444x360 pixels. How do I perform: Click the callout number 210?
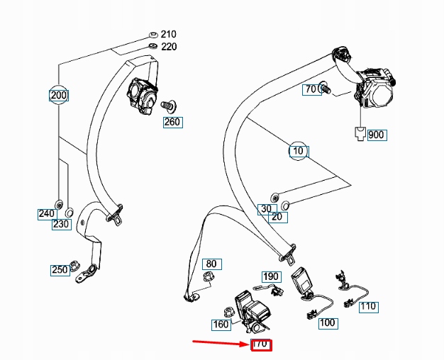pos(168,34)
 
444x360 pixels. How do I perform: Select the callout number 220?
pos(168,47)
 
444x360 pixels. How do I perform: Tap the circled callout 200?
pos(59,94)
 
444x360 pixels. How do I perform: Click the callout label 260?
pos(172,122)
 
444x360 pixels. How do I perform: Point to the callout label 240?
pos(46,213)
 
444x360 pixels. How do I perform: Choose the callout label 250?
pos(59,269)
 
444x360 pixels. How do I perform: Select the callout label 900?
pos(377,135)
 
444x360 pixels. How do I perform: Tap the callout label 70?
pos(311,89)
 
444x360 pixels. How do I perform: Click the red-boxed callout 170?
pos(261,344)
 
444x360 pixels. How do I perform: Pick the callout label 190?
pos(271,276)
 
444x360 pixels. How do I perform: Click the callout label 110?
pos(367,307)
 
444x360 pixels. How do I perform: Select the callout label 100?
pos(327,323)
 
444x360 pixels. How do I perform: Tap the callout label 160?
pos(221,325)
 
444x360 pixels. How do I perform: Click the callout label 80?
pos(211,264)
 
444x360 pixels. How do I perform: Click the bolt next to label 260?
pos(169,106)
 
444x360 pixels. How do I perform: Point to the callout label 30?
pos(264,209)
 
